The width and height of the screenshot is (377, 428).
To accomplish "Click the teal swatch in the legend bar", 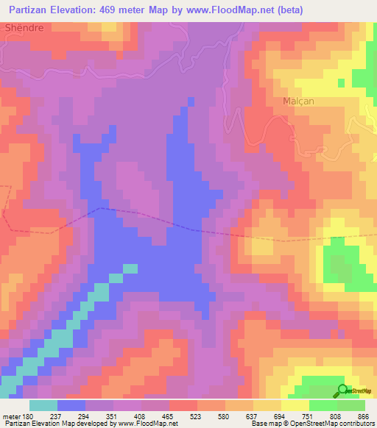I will [43, 405].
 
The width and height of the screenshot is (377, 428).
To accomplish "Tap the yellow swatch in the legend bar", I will [295, 405].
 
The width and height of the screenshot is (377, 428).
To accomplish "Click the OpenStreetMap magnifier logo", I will [343, 390].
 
